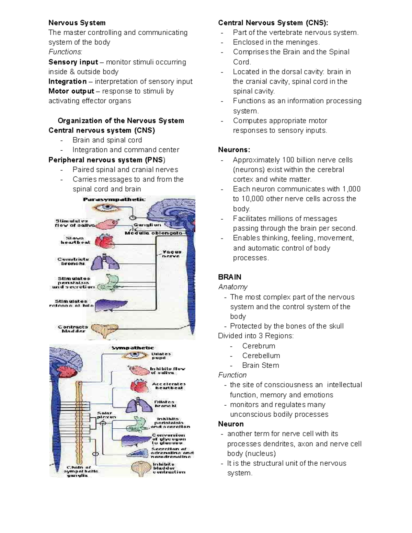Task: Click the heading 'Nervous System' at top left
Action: (77, 23)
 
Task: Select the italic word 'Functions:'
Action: (65, 52)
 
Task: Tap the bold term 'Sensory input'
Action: (73, 62)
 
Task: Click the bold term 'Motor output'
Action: (71, 91)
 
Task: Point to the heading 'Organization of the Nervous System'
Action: (121, 121)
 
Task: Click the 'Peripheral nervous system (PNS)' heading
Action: (107, 160)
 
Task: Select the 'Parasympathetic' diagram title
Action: (114, 199)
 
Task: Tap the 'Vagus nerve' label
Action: (172, 254)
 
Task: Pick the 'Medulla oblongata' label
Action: (153, 233)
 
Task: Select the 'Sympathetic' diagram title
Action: (133, 348)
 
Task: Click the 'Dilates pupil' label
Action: (161, 356)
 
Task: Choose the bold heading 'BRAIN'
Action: (230, 277)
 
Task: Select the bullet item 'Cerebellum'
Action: (261, 356)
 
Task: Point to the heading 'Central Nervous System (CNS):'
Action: (273, 23)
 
